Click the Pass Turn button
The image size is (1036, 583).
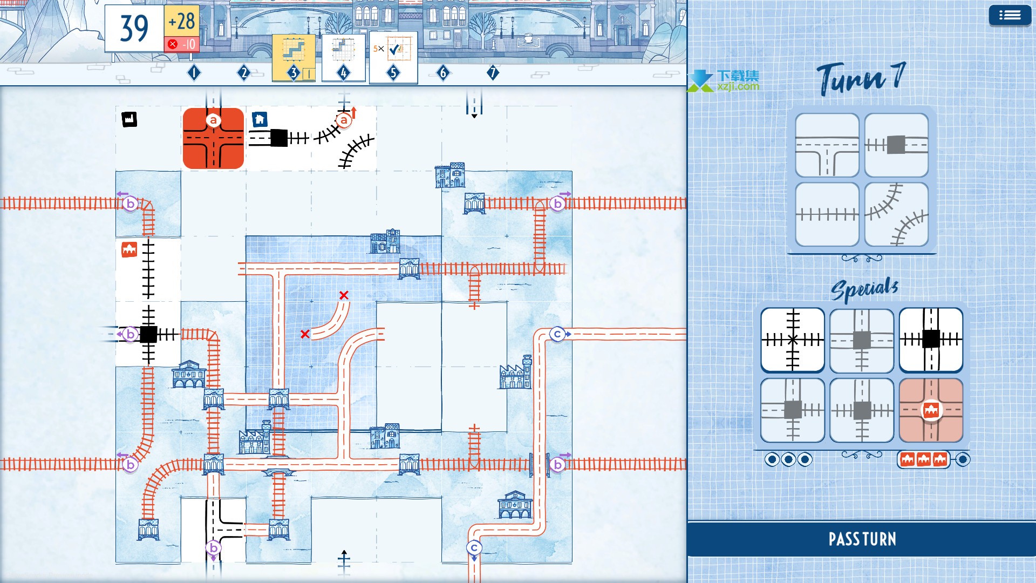862,539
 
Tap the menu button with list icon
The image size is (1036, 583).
1010,16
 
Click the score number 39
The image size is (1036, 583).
134,28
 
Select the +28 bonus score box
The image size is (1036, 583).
182,22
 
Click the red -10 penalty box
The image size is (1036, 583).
182,44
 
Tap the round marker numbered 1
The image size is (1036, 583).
194,72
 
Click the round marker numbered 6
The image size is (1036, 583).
443,72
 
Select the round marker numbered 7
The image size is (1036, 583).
493,72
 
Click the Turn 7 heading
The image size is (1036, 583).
861,79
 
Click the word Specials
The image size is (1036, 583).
864,289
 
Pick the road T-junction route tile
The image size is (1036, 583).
827,145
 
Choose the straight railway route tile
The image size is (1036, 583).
827,214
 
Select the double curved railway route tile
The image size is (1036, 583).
896,214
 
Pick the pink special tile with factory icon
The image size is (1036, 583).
931,410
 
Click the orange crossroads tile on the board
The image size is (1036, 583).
213,138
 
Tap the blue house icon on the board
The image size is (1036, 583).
260,119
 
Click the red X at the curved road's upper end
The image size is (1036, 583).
344,295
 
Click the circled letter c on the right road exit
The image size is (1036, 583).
557,334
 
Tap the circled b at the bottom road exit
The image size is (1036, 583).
213,548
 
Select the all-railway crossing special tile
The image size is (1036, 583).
793,340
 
